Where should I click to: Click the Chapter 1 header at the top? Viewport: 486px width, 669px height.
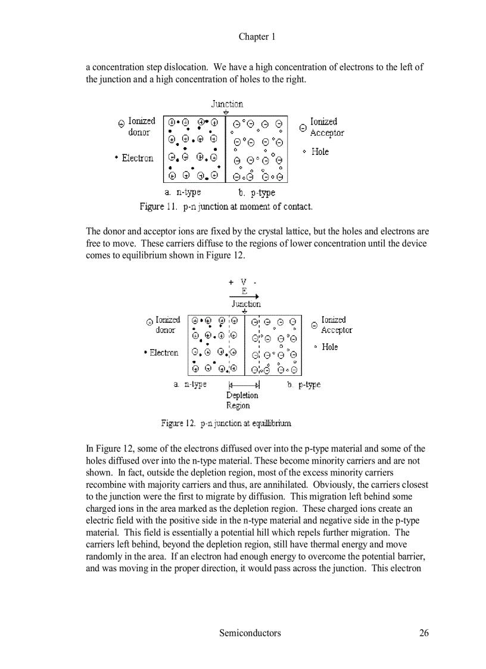257,37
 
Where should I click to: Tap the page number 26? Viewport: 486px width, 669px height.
423,633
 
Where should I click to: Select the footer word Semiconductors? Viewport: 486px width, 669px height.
250,633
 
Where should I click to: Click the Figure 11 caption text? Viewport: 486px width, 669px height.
226,207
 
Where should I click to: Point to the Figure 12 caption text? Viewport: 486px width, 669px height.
226,423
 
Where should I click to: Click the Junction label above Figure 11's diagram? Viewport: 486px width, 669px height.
227,104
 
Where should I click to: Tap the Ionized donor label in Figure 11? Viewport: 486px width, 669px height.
141,126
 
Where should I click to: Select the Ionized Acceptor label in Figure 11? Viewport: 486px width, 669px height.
326,127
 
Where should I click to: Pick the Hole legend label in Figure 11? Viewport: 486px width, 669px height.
320,152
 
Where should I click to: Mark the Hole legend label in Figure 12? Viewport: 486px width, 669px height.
329,347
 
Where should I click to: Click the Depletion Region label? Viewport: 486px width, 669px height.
242,400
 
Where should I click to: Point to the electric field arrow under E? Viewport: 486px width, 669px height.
244,296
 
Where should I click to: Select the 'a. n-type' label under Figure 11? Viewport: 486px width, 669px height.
183,192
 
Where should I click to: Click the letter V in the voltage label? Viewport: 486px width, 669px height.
244,282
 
